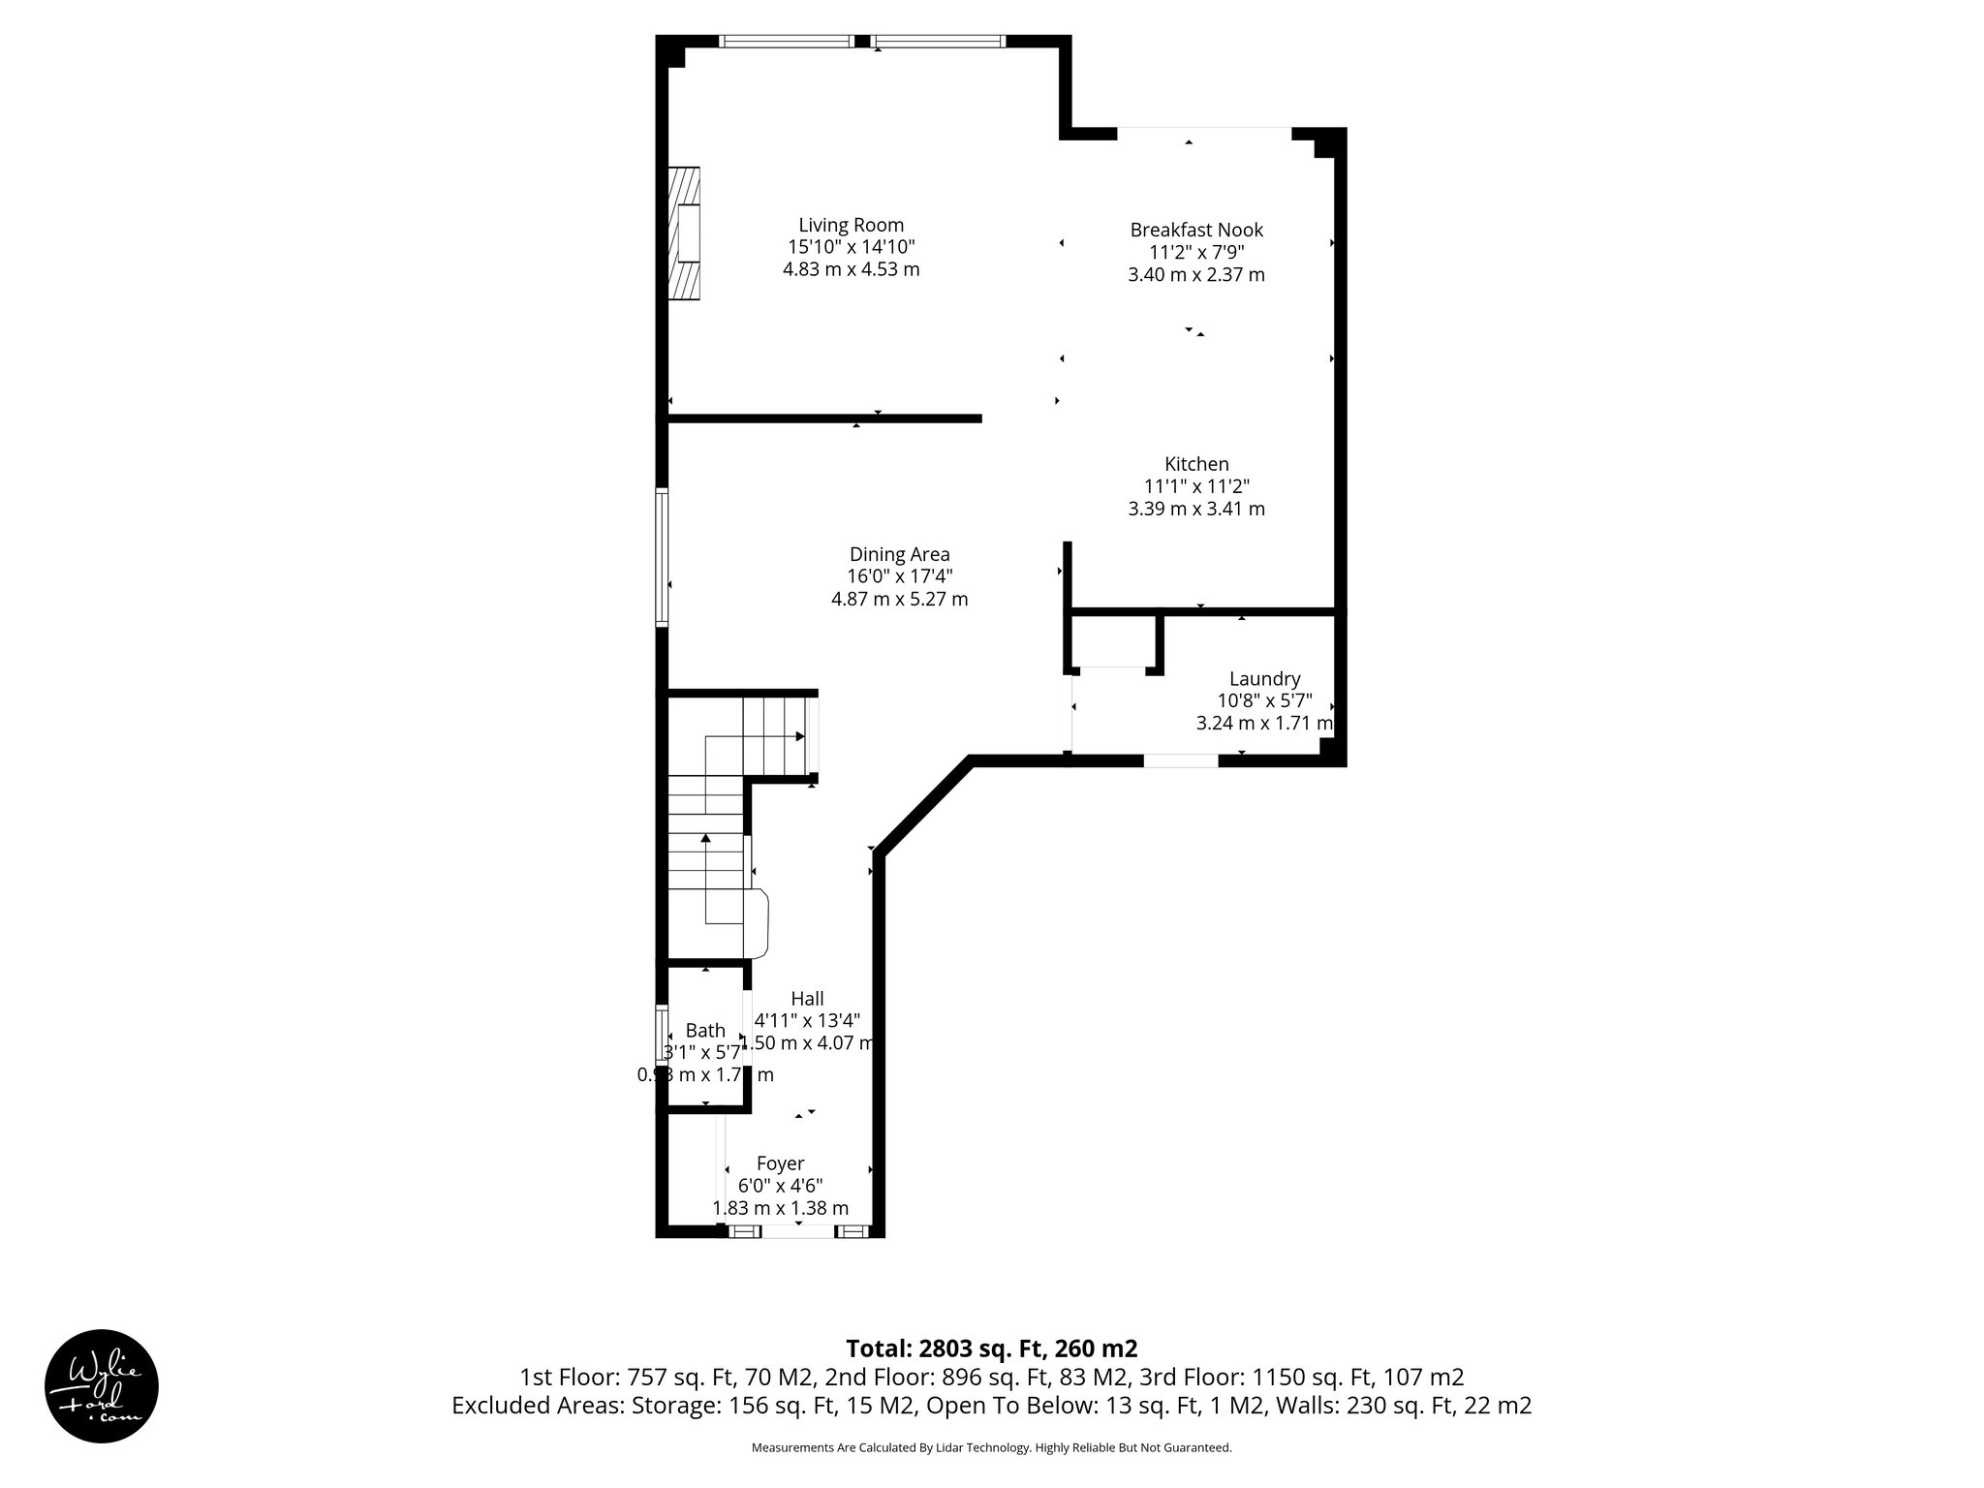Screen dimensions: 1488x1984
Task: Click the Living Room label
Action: [x=851, y=225]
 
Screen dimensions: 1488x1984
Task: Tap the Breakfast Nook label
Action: [x=1196, y=230]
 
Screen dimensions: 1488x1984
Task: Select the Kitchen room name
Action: [x=1196, y=464]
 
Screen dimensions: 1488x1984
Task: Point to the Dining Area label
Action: [x=899, y=554]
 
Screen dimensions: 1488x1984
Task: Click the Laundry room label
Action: [x=1264, y=679]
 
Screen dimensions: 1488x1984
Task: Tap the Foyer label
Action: [x=780, y=1163]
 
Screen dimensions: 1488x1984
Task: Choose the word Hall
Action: [x=807, y=999]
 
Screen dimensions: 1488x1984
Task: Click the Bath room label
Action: [x=705, y=1031]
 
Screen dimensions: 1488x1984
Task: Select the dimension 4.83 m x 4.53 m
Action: [x=851, y=269]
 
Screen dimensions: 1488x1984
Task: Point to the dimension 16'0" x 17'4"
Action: [x=899, y=576]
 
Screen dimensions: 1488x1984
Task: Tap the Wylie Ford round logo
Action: [x=102, y=1385]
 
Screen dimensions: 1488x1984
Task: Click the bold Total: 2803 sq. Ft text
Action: [x=991, y=1348]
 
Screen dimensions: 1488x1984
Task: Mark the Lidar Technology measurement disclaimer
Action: [x=991, y=1447]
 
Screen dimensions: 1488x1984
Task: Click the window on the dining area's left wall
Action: [x=662, y=557]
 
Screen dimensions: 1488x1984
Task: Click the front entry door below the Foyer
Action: [x=796, y=1231]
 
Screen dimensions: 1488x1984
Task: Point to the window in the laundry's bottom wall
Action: [x=1180, y=760]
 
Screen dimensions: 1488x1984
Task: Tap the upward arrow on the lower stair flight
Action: [x=705, y=839]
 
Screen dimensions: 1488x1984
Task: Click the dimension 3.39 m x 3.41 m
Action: [x=1196, y=509]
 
